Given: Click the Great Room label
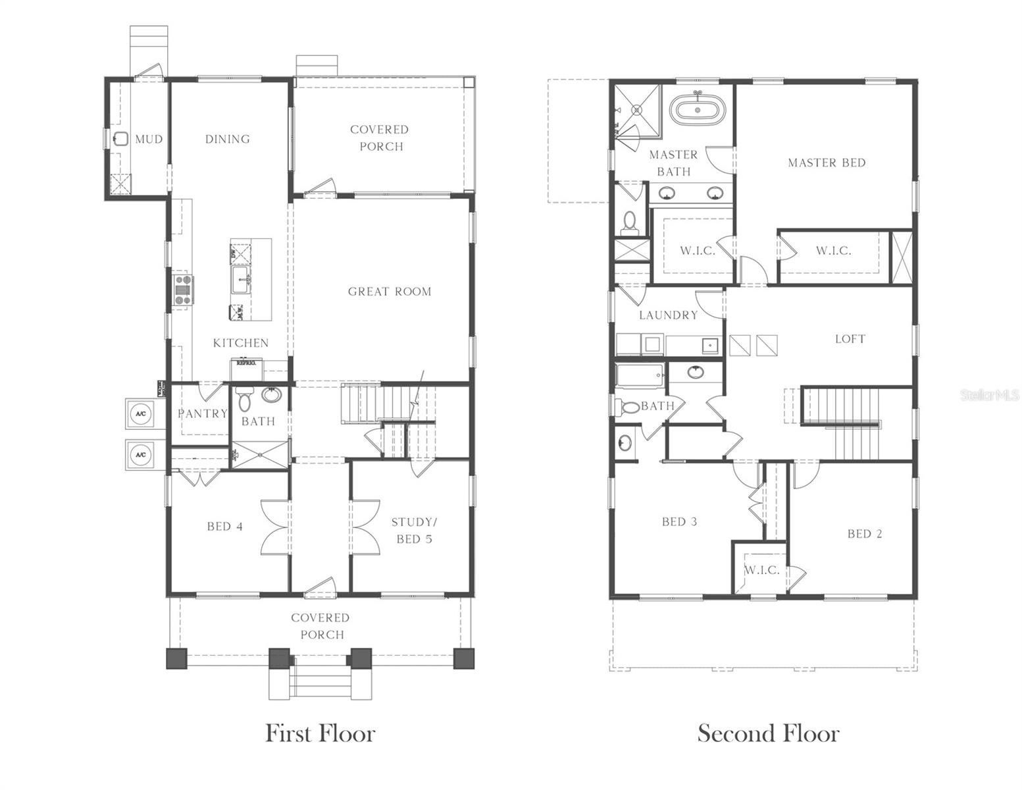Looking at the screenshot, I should tap(390, 292).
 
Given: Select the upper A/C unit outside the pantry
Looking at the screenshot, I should tap(140, 413).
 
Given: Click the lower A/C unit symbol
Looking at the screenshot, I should tap(140, 454).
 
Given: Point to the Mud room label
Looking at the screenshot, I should tap(149, 139).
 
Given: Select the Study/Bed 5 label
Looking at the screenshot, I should tap(414, 531).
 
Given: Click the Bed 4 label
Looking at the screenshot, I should tap(225, 526).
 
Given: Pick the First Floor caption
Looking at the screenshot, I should tap(320, 733).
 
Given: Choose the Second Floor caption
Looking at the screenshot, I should tap(768, 733).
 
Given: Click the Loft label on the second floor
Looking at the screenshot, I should tap(850, 339).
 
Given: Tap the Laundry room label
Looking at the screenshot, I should tap(668, 315).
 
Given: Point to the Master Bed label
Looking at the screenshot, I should tap(827, 163).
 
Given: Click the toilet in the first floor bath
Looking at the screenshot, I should tap(244, 399).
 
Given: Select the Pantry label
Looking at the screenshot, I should tap(202, 413).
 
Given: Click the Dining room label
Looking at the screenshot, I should tap(227, 139).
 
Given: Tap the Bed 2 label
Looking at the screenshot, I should tap(864, 534).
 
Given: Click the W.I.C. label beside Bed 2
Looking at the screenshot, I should tap(761, 570).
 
